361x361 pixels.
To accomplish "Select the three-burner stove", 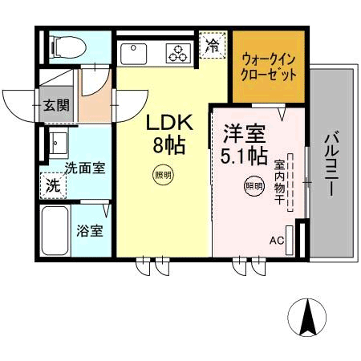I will click(x=177, y=53).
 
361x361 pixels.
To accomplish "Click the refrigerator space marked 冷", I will click(x=213, y=45).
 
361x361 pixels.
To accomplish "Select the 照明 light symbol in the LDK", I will click(x=163, y=174).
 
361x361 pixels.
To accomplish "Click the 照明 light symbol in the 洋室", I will click(x=254, y=186).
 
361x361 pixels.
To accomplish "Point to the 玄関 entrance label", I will click(x=56, y=104).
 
